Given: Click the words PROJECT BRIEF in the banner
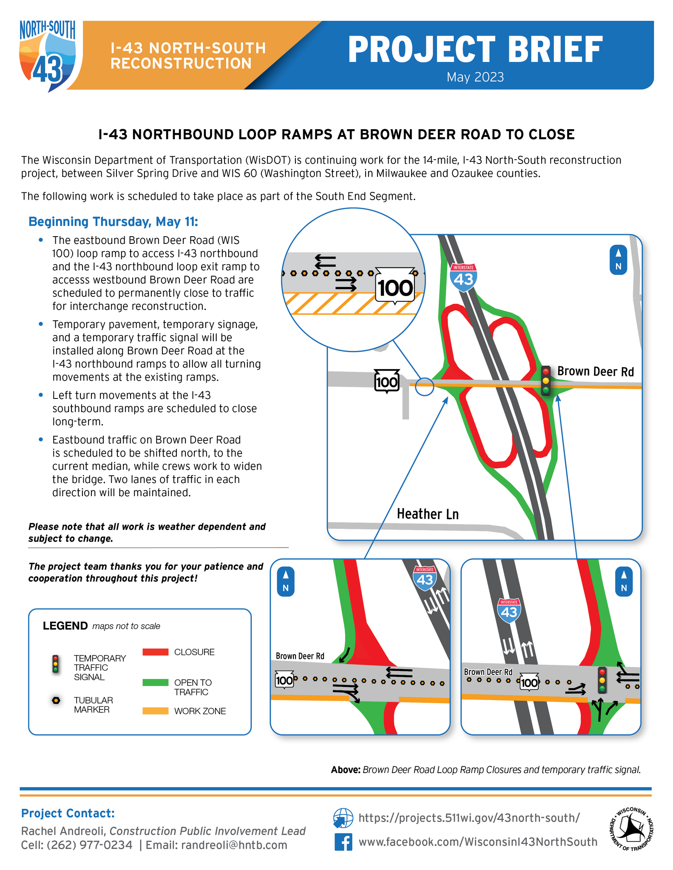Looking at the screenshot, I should point(475,50).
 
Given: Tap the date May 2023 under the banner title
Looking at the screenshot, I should point(475,77).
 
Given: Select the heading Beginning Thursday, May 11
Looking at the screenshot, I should point(113,222).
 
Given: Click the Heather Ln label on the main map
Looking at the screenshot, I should point(427,514).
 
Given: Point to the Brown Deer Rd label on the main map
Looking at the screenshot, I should point(595,372).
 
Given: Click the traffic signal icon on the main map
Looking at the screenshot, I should point(546,380).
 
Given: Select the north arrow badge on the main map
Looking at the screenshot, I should point(618,260).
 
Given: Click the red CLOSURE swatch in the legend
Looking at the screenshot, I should point(155,652).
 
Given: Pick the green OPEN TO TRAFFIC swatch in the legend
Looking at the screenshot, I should point(155,683).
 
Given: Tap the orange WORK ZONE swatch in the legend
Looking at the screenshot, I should point(155,711).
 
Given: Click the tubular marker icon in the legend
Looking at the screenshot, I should point(56,701).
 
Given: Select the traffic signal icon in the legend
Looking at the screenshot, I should point(55,664).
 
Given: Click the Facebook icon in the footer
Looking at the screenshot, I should point(343,842).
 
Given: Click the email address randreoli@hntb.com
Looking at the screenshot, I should point(234,845).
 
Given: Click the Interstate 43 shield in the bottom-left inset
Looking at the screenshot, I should point(424,578).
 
